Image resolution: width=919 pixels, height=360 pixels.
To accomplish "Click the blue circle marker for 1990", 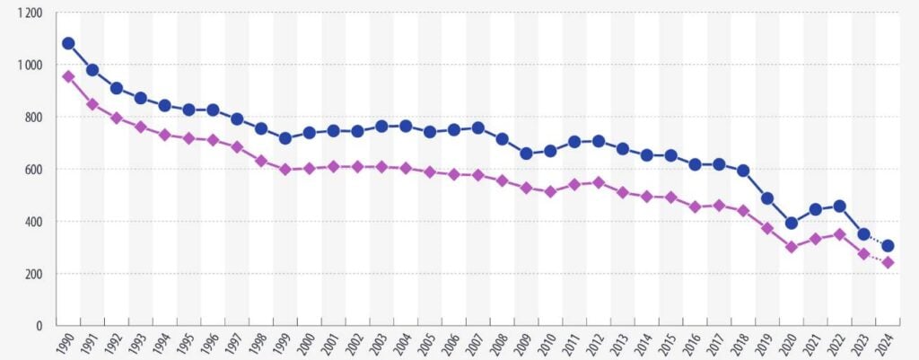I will [68, 43].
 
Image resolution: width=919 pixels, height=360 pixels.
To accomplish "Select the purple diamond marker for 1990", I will [68, 76].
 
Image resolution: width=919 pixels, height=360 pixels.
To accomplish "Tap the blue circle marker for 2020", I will [792, 224].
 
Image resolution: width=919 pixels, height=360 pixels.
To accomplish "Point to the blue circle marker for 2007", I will [478, 128].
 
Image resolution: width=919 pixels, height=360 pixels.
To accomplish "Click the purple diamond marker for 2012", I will [599, 182].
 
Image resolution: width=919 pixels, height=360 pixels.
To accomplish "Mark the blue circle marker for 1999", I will [285, 138].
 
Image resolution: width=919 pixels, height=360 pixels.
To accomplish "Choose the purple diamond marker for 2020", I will [792, 247].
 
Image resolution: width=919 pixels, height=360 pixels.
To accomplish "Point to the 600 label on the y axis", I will [33, 169].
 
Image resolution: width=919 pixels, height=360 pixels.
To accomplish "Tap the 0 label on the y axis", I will [39, 325].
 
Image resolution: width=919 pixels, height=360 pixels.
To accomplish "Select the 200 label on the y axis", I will [33, 273].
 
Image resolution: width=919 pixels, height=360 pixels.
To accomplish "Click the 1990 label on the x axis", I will [65, 345].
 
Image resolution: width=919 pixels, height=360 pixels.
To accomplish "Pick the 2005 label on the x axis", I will [426, 345].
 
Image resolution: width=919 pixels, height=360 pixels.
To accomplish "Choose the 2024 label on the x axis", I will [885, 345].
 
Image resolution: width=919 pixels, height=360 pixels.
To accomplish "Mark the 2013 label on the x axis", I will [619, 345].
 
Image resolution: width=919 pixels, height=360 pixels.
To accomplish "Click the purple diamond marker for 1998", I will [261, 161].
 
